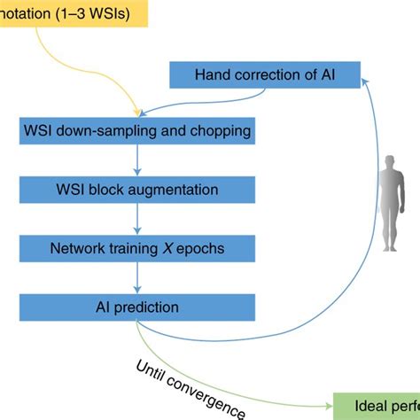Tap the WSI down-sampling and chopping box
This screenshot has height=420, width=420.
pyautogui.click(x=136, y=132)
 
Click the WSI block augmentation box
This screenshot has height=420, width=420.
pyautogui.click(x=136, y=190)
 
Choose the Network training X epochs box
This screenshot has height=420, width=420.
pyautogui.click(x=136, y=248)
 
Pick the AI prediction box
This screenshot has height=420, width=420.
pyautogui.click(x=136, y=307)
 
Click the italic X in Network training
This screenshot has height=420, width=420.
pyautogui.click(x=160, y=248)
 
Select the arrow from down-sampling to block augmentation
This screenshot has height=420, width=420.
pyautogui.click(x=136, y=160)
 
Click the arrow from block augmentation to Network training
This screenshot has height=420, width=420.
pyautogui.click(x=136, y=219)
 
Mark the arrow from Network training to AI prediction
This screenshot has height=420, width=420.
pyautogui.click(x=136, y=277)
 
